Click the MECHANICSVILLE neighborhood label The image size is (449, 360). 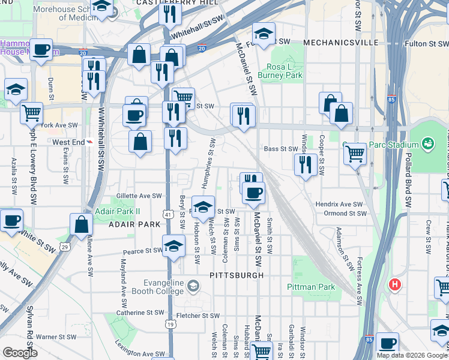click(x=340, y=43)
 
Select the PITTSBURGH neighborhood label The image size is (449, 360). click(x=237, y=275)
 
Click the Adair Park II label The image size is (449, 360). click(x=117, y=212)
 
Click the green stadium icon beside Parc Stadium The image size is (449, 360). click(x=427, y=144)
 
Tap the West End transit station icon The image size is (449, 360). click(x=89, y=142)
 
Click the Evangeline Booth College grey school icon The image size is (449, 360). click(x=192, y=285)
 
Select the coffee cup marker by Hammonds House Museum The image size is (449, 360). click(x=41, y=50)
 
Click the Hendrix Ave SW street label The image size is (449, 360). click(x=340, y=205)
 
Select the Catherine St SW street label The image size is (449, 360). click(x=139, y=313)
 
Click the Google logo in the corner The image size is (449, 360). click(x=20, y=353)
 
